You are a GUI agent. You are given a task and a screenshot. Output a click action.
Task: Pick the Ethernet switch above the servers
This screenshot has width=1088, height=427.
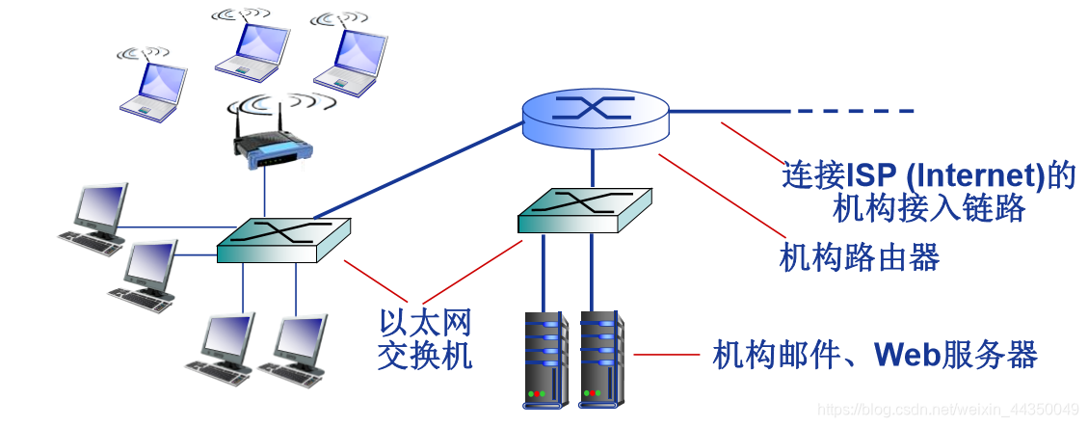[x=584, y=209]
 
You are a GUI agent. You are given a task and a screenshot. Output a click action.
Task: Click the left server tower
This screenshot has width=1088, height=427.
[x=544, y=358]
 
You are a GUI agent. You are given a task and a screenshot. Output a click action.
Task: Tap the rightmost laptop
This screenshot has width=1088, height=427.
[x=351, y=55]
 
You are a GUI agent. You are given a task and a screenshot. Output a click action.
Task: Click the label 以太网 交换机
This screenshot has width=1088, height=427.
[x=425, y=338]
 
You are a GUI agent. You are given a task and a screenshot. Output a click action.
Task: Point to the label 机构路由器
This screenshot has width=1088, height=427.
[x=859, y=257]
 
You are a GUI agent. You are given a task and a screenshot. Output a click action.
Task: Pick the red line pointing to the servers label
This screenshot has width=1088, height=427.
[x=666, y=355]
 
